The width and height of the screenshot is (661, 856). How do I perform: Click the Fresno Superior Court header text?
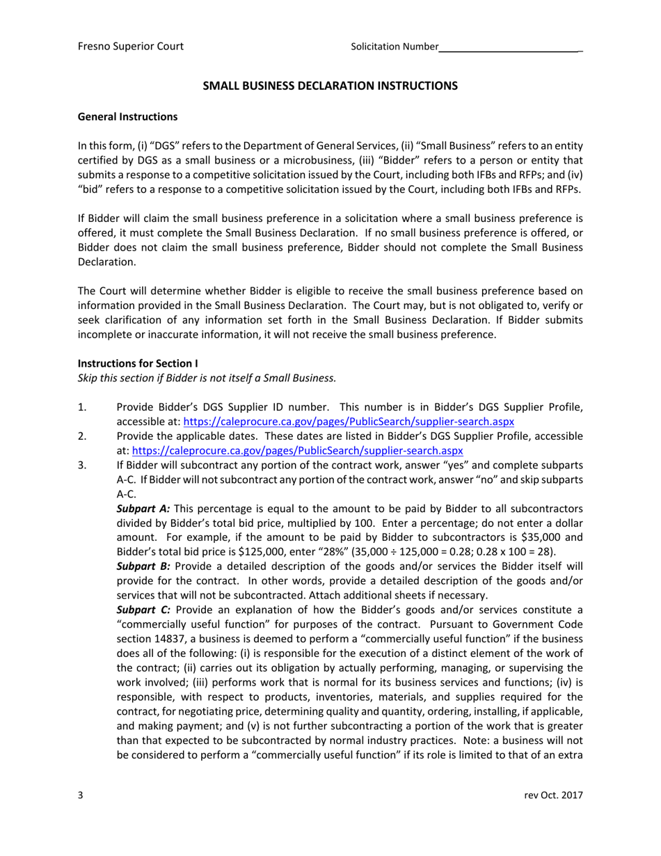pyautogui.click(x=130, y=47)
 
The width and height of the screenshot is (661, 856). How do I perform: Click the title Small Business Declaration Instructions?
pyautogui.click(x=330, y=86)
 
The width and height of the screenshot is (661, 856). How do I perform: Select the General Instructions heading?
pyautogui.click(x=127, y=116)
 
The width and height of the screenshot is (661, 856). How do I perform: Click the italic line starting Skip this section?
pyautogui.click(x=207, y=378)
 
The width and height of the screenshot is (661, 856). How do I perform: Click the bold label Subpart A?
pyautogui.click(x=143, y=509)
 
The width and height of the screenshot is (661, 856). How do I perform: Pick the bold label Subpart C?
pyautogui.click(x=143, y=610)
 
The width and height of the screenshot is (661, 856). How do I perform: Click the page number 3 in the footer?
pyautogui.click(x=81, y=795)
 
